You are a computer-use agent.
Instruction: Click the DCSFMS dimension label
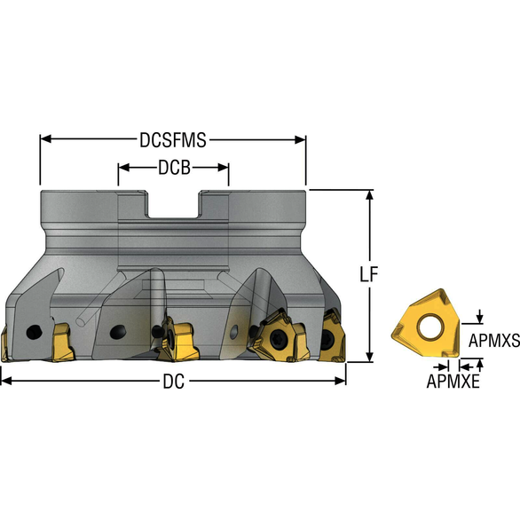pos(173,139)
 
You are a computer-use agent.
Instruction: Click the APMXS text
pos(493,338)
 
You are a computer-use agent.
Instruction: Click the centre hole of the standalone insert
pos(427,327)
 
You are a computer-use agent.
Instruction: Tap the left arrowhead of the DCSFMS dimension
pos(45,139)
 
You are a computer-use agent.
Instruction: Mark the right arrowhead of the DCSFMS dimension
pos(301,139)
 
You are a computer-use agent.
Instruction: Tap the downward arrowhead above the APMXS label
pos(480,318)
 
